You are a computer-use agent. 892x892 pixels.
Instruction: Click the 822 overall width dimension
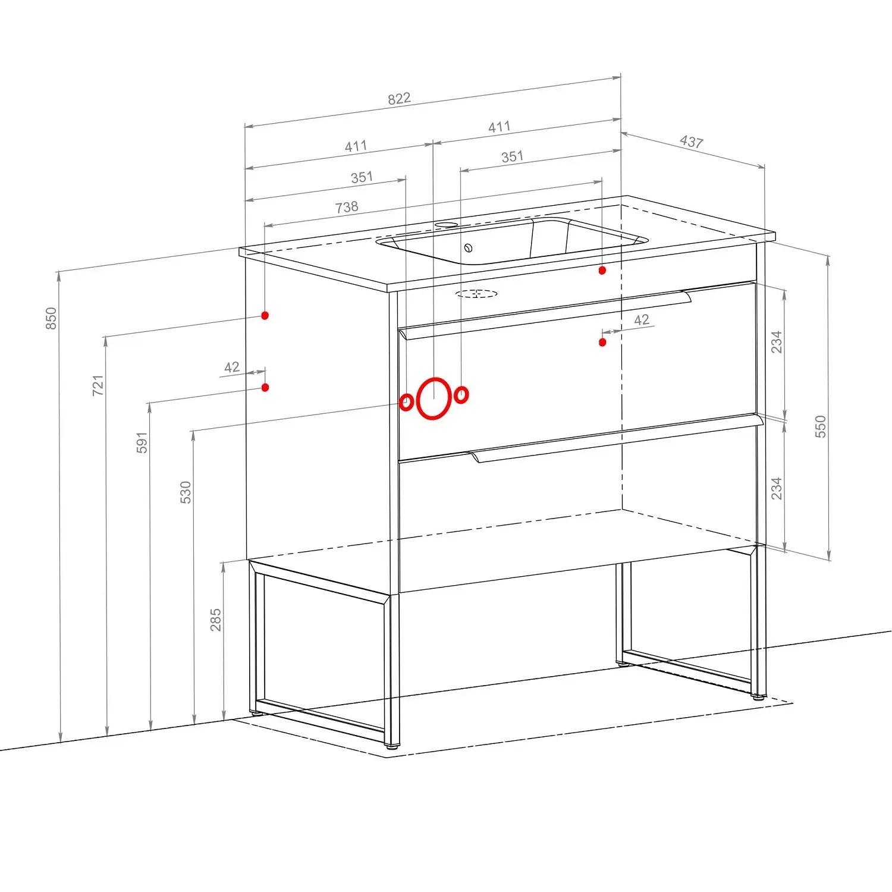[399, 98]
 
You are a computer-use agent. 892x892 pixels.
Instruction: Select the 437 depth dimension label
[692, 142]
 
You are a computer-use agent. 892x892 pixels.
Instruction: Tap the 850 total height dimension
[51, 318]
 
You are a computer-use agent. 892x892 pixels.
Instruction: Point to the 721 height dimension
[98, 385]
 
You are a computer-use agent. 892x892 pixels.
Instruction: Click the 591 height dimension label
[142, 442]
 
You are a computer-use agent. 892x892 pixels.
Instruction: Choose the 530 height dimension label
[186, 492]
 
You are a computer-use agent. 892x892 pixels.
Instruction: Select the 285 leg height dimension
[215, 620]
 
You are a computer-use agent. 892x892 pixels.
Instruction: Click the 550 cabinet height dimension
[821, 427]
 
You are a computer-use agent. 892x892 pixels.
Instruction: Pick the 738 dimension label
[347, 207]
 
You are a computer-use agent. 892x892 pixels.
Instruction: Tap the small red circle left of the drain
[406, 402]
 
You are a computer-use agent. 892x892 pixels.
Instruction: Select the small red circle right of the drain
[461, 394]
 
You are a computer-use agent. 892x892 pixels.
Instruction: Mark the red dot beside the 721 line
[265, 315]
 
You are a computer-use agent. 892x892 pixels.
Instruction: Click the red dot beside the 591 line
[265, 387]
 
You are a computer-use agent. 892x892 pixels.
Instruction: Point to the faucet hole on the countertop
[446, 225]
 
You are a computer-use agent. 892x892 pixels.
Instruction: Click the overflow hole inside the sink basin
[468, 248]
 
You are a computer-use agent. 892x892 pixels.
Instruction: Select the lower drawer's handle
[617, 438]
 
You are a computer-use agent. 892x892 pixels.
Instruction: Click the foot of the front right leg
[758, 696]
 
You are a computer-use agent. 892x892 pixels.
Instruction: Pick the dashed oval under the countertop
[476, 293]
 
